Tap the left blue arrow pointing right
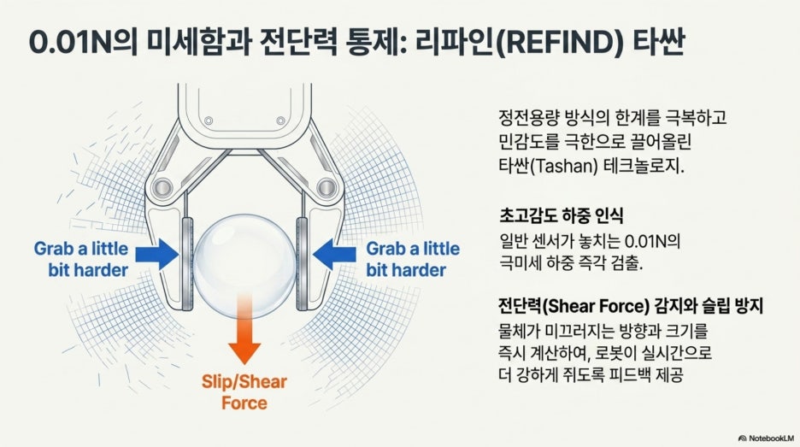(x=157, y=254)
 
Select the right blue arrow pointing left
(x=334, y=254)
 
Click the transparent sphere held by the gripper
(x=245, y=266)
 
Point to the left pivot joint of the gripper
(x=162, y=187)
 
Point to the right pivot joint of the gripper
(x=326, y=187)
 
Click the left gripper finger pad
(x=187, y=263)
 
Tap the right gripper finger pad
(x=302, y=263)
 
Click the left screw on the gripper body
(x=209, y=121)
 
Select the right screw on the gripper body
(x=280, y=121)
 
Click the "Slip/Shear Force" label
(x=244, y=392)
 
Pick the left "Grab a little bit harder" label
(x=82, y=259)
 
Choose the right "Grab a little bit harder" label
(x=413, y=259)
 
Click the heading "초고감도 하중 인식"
(x=562, y=215)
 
